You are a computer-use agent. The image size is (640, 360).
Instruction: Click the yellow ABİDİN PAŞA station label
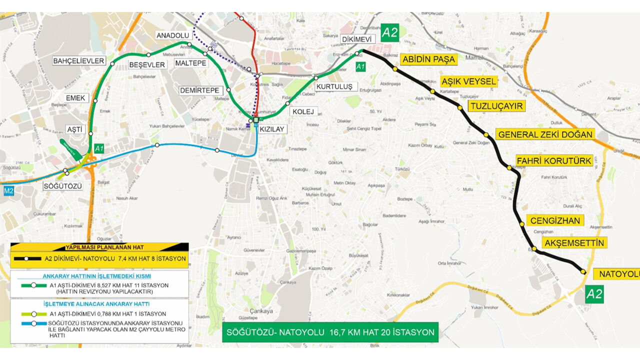coord(428,59)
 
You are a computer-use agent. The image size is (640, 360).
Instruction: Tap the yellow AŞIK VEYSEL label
coord(468,81)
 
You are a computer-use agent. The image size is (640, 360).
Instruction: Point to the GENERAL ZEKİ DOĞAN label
coord(545,134)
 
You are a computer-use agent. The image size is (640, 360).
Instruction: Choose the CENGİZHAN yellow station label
coord(555,220)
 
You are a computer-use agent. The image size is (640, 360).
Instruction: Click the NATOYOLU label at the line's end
coord(617,274)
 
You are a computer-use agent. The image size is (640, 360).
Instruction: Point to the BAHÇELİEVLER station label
coord(79,61)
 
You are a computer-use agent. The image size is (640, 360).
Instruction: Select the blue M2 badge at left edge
coord(8,190)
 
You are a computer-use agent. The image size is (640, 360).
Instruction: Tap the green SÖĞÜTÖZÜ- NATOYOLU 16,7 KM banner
coord(330,332)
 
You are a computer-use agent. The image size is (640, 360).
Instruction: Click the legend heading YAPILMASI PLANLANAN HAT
coord(99,247)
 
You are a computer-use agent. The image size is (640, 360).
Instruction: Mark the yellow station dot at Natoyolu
coord(583,271)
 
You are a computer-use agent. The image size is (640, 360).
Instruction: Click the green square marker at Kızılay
coord(256,120)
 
